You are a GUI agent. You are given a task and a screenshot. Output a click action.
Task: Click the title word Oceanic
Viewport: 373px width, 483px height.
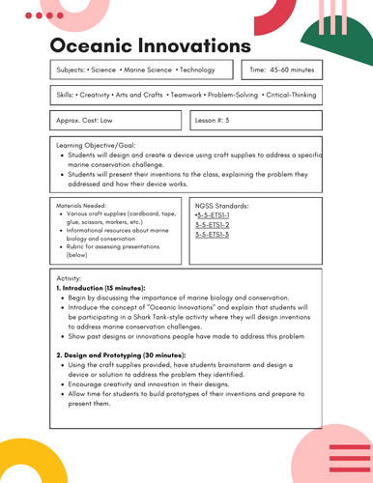point(94,46)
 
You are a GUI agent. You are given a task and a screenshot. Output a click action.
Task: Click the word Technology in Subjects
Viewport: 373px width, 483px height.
point(198,71)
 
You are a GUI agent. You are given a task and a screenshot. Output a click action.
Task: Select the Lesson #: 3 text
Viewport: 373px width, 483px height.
point(213,121)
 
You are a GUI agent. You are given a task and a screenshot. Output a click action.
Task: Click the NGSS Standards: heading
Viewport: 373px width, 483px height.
point(221,205)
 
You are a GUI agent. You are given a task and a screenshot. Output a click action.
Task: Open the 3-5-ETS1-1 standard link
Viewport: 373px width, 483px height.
point(213,214)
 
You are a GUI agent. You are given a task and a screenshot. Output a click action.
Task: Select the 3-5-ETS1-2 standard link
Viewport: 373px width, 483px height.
point(212,224)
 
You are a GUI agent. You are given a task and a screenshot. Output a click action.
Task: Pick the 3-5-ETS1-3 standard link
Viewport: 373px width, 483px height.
point(212,234)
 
